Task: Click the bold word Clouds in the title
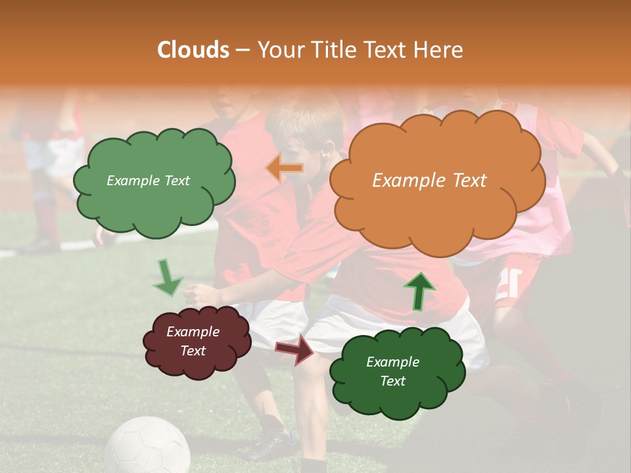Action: click(x=193, y=50)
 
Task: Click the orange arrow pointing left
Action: click(x=285, y=168)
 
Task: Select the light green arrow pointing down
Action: click(x=168, y=278)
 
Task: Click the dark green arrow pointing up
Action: click(x=419, y=291)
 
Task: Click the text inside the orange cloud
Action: click(x=429, y=181)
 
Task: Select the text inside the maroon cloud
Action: click(x=193, y=342)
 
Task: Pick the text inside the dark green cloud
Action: click(x=392, y=371)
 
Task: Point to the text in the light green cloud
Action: click(x=148, y=181)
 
